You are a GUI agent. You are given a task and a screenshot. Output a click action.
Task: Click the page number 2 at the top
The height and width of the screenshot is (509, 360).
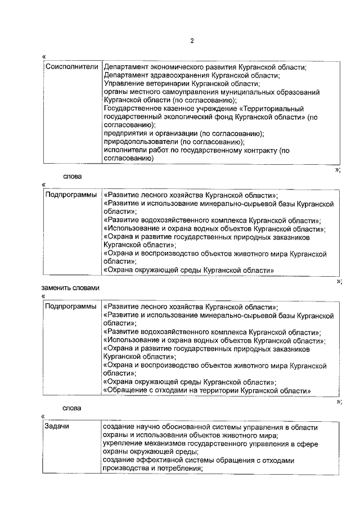(x=192, y=42)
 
